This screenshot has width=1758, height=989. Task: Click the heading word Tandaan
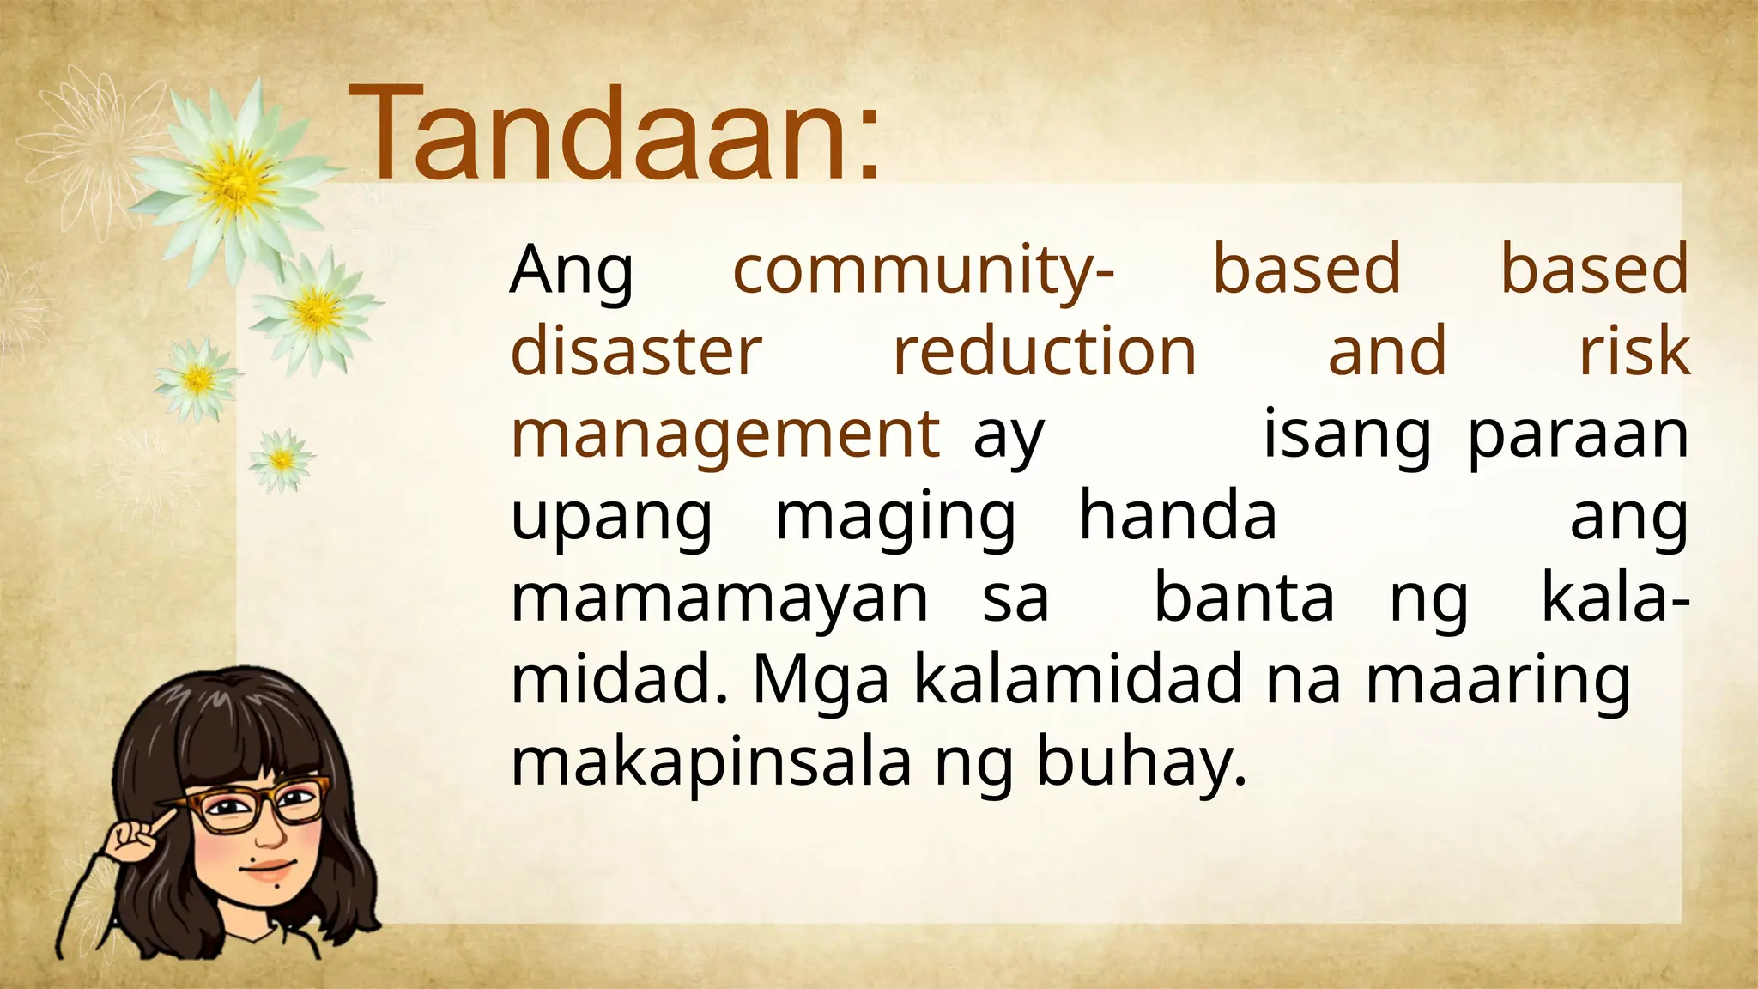tap(614, 133)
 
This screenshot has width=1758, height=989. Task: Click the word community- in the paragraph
tap(923, 270)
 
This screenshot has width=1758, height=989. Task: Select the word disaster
tap(636, 351)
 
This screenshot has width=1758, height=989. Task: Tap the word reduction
tap(1045, 351)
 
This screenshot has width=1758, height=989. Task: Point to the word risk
tap(1634, 351)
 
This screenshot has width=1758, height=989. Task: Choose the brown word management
tap(725, 434)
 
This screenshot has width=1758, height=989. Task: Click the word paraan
tap(1578, 434)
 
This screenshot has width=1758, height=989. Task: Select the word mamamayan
tap(719, 599)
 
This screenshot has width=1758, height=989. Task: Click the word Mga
tap(821, 680)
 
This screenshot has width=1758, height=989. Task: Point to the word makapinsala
tap(711, 762)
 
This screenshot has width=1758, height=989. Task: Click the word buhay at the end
tap(1140, 762)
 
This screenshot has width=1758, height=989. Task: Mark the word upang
tap(611, 519)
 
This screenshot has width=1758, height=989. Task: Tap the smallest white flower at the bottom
tap(282, 461)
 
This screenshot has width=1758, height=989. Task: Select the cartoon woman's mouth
tap(268, 869)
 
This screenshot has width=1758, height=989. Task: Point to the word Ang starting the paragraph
tap(571, 270)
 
